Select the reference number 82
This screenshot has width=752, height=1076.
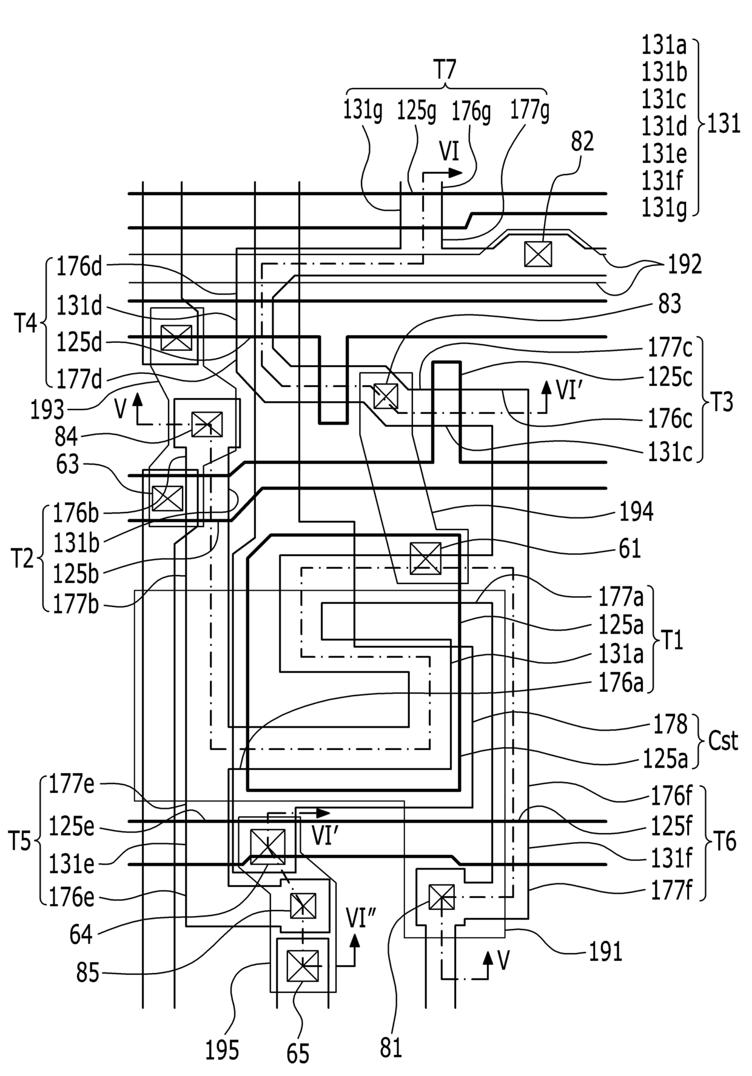coord(582,142)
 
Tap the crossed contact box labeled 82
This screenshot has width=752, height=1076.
coord(539,254)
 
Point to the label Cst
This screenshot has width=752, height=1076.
coord(723,741)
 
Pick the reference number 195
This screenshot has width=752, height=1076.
coord(222,1050)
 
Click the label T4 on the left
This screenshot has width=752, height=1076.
coord(25,324)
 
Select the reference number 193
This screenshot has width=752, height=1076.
coord(48,410)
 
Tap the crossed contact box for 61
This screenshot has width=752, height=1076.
coord(426,558)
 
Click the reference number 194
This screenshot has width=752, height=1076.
coord(636,512)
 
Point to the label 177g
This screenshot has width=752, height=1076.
coord(529,110)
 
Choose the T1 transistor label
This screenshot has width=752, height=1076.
coord(671,639)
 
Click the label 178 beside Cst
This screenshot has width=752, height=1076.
coord(670,724)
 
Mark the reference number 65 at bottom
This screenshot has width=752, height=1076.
coord(298,1054)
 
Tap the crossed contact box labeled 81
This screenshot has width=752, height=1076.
coord(441,897)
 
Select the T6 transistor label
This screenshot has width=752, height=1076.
coord(724,842)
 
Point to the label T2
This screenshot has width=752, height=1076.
coord(24,558)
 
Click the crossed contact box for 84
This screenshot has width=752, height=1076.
coord(207,424)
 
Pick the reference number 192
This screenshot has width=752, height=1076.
coord(685,264)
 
